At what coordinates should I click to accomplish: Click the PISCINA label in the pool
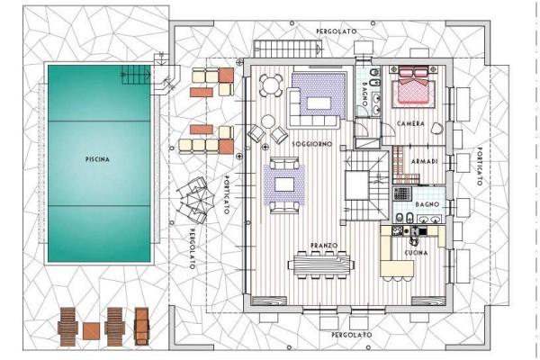pyautogui.click(x=97, y=159)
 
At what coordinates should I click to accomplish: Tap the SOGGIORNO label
pyautogui.click(x=312, y=144)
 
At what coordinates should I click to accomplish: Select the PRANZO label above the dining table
pyautogui.click(x=324, y=246)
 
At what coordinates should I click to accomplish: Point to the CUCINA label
pyautogui.click(x=416, y=253)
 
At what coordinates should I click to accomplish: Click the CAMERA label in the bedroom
pyautogui.click(x=410, y=123)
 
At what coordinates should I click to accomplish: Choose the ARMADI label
pyautogui.click(x=425, y=161)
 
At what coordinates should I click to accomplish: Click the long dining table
pyautogui.click(x=321, y=265)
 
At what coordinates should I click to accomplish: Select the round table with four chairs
pyautogui.click(x=271, y=85)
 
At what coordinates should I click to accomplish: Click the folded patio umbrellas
pyautogui.click(x=194, y=199)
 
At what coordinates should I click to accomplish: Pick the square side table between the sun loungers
pyautogui.click(x=91, y=330)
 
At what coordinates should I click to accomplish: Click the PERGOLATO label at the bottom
pyautogui.click(x=352, y=335)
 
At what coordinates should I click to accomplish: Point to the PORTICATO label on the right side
pyautogui.click(x=480, y=166)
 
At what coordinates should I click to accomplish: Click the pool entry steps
pyautogui.click(x=136, y=75)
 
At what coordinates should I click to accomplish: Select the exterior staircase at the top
pyautogui.click(x=287, y=48)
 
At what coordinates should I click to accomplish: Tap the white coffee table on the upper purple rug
pyautogui.click(x=319, y=103)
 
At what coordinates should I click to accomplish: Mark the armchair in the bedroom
pyautogui.click(x=437, y=129)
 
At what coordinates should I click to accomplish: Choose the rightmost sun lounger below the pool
pyautogui.click(x=141, y=326)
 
